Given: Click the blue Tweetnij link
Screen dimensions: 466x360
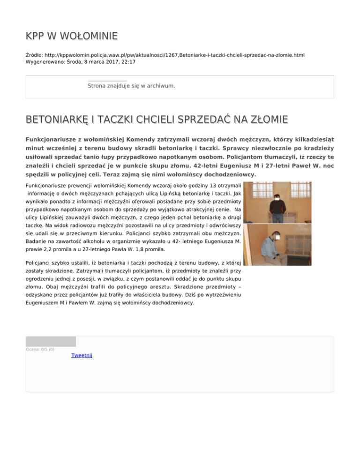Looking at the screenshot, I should pos(82,356).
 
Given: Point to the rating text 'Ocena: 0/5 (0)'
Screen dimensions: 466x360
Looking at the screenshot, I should pos(40,349).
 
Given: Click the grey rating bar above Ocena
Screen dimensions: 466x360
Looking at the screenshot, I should pos(51,341).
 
